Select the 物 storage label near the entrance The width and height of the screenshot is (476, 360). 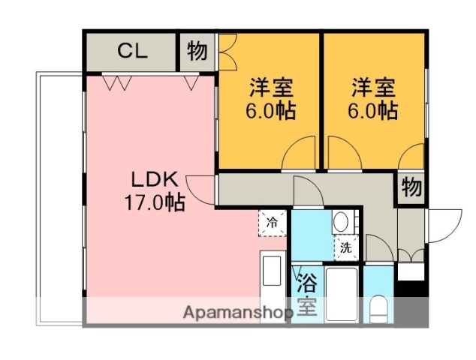click(x=411, y=187)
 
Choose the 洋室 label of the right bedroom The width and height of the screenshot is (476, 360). click(x=373, y=87)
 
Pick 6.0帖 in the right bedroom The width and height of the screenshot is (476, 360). click(x=373, y=111)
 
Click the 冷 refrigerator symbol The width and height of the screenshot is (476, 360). click(x=273, y=221)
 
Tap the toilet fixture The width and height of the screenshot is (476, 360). click(x=378, y=307)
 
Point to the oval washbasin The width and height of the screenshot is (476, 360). click(x=340, y=222)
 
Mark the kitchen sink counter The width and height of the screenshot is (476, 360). click(x=273, y=281)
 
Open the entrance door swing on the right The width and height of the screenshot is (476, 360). click(x=444, y=222)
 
